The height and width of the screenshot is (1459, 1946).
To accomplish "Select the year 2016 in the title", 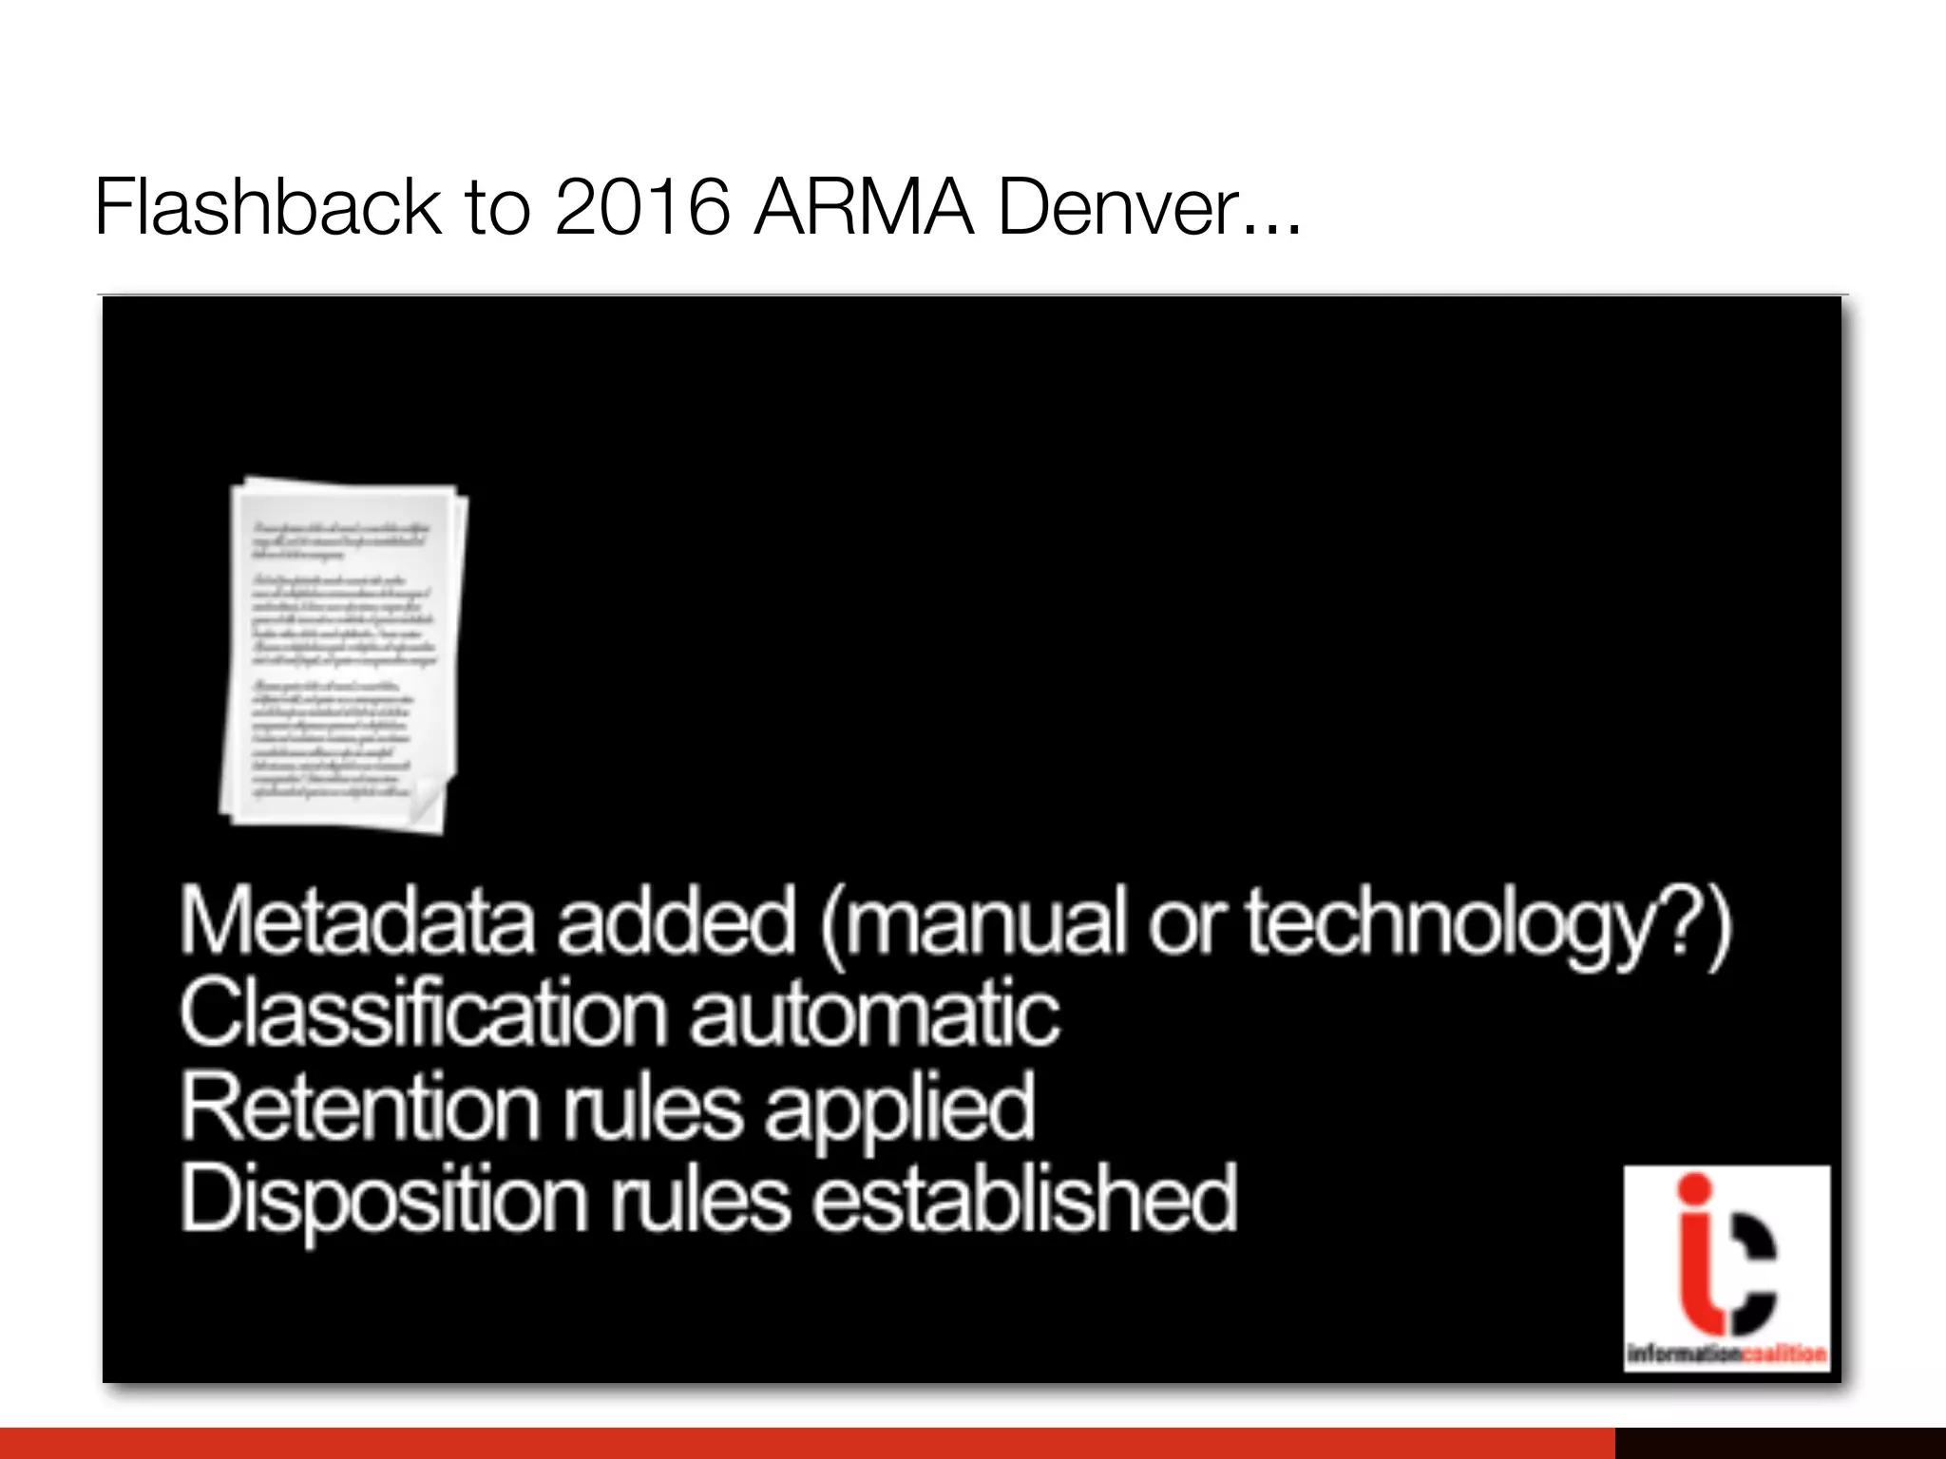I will tap(642, 206).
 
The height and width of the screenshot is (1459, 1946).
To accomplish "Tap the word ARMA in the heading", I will tap(864, 206).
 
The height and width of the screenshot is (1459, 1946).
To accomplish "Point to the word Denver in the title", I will tap(1121, 206).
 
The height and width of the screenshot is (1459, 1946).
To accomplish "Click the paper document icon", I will tap(342, 655).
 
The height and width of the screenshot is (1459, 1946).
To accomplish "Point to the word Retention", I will tap(360, 1107).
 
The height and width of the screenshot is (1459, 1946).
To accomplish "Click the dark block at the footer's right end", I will tap(1780, 1443).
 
